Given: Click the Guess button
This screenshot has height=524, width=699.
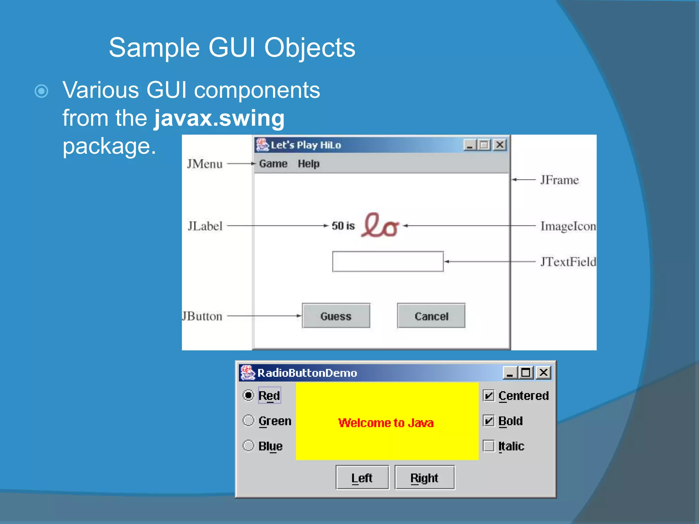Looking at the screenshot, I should pos(336,316).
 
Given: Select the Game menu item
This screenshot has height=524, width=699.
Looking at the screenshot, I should pos(273,164).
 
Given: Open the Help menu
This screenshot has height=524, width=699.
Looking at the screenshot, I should pos(309,164).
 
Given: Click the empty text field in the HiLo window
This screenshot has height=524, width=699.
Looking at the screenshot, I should pos(388,262).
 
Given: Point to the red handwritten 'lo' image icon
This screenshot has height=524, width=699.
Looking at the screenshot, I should pos(380,225).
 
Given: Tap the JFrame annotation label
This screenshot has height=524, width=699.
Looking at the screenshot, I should pos(559,180).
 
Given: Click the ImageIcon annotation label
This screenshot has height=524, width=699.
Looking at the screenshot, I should pos(568,226).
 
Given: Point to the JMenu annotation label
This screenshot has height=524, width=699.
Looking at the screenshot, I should pos(205,164).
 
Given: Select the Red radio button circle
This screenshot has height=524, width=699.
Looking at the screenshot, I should pos(248,395).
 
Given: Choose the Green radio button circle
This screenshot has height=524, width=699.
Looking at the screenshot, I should pos(248,421).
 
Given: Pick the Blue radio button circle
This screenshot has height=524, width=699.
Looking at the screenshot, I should pos(248,446).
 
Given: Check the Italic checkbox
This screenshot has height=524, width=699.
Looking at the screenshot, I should pos(489,446).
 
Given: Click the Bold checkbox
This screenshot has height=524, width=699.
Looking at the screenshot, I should pos(489,421).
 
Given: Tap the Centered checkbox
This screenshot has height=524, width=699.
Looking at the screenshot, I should pos(489,396).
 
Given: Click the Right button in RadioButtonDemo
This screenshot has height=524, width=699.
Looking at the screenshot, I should pos(424,478).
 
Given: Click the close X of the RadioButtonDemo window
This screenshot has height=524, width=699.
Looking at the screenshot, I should pos(543,373).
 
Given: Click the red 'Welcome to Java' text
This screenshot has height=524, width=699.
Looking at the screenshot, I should pos(386,423).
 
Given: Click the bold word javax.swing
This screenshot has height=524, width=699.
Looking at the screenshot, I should pos(219,118).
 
